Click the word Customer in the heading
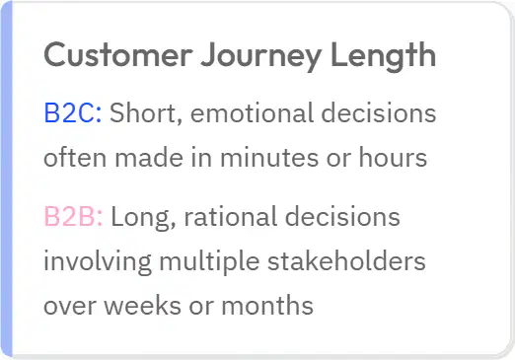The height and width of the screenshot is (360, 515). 118,55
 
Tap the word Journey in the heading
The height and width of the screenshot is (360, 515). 261,57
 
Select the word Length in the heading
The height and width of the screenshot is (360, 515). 383,57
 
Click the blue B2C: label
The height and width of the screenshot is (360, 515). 73,112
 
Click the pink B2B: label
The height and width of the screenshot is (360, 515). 73,216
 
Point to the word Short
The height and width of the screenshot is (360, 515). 146,113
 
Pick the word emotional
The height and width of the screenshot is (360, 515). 252,112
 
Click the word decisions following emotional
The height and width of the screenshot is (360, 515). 379,112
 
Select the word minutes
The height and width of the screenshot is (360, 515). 269,157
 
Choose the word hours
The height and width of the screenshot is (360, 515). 393,157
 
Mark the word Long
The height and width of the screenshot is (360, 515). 143,218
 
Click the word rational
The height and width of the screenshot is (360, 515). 230,216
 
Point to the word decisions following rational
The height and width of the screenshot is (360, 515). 342,216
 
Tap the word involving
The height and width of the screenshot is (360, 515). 98,262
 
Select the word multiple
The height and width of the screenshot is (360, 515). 209,262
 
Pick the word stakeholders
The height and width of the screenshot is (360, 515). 346,260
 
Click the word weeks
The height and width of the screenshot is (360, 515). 143,305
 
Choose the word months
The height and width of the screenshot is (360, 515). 267,305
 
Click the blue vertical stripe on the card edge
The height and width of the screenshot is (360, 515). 6,180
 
